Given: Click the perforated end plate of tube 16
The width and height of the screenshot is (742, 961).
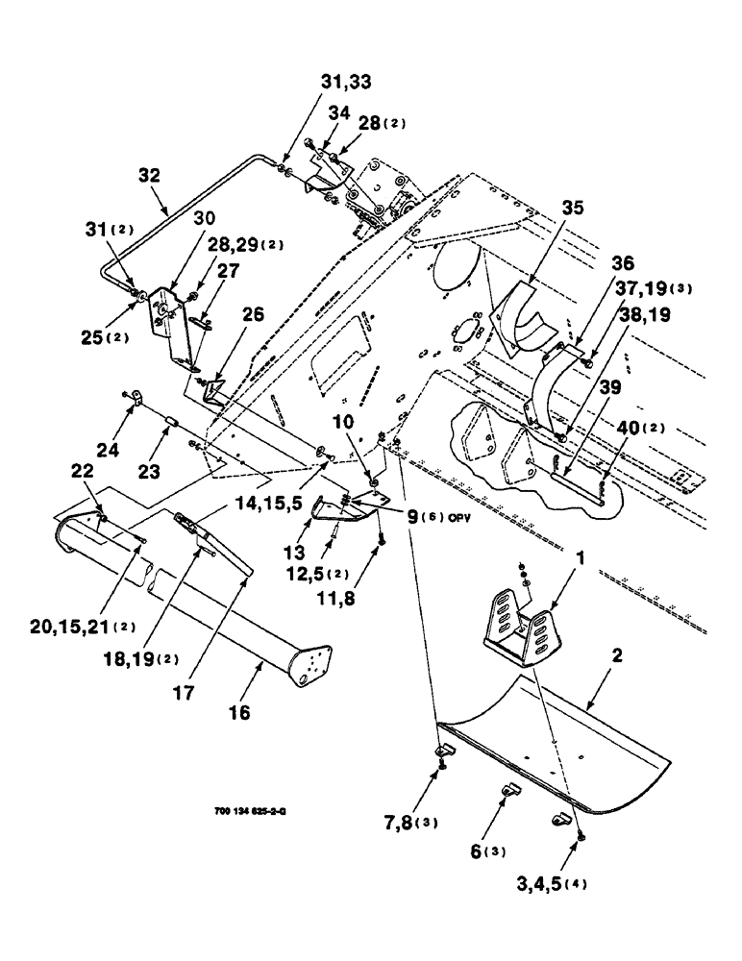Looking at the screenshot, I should click(310, 666).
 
